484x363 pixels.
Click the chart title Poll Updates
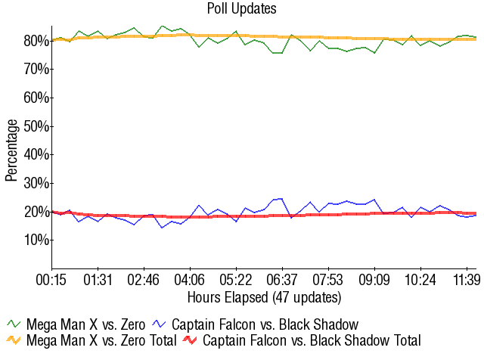[241, 9]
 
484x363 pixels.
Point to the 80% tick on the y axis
[36, 41]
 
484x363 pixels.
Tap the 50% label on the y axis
[36, 126]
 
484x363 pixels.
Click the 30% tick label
[36, 183]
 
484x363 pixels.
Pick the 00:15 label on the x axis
[52, 280]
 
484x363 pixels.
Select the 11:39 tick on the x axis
[467, 280]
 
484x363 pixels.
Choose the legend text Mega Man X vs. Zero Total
[101, 341]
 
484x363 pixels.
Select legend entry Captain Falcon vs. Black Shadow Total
[312, 341]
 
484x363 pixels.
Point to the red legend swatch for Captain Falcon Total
[191, 341]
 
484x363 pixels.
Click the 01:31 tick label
[98, 280]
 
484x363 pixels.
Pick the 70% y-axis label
[36, 70]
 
